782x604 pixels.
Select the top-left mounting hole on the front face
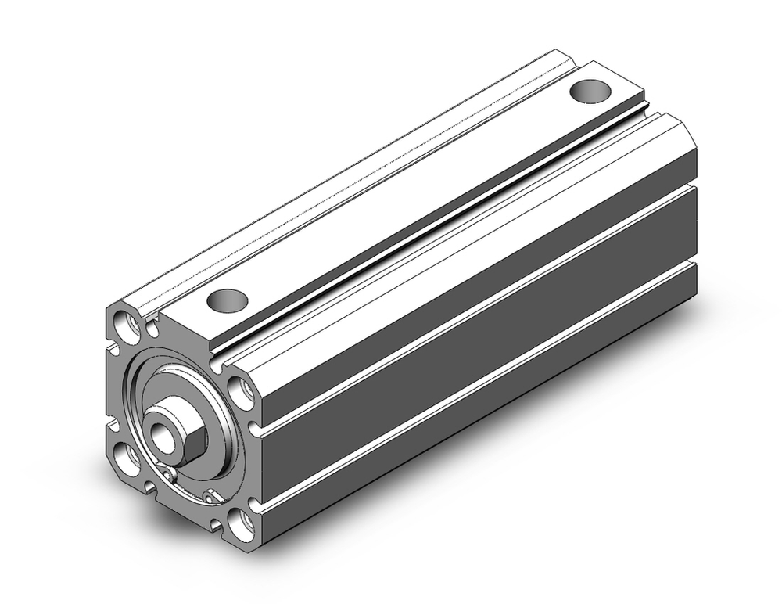point(124,321)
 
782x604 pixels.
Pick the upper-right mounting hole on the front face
point(242,390)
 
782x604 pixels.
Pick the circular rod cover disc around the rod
point(211,399)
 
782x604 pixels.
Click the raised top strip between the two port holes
point(407,196)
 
